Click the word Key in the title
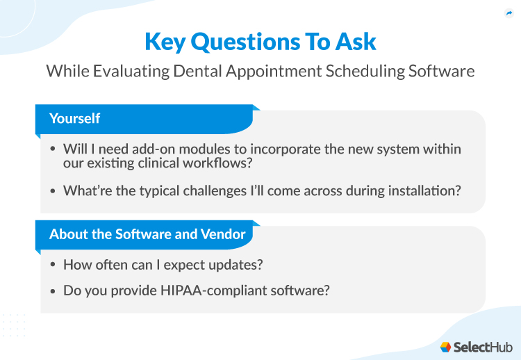[165, 42]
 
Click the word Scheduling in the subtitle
[361, 72]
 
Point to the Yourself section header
[74, 119]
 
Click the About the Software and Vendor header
[147, 234]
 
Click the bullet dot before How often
[53, 265]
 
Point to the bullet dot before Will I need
[53, 150]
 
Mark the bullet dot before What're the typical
[53, 190]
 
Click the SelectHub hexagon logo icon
[445, 346]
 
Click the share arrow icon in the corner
[508, 12]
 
